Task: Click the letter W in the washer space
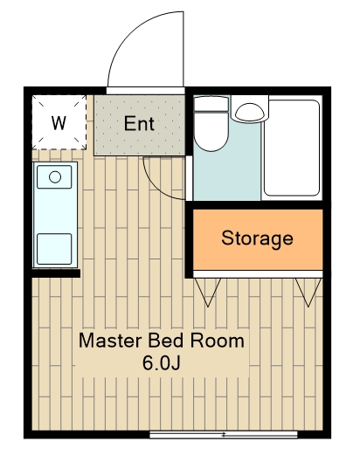coord(59,123)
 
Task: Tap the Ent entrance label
coord(139,123)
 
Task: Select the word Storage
coord(258,238)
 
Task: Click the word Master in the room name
coord(110,341)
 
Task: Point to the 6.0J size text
coord(162,363)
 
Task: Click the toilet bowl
coord(211,131)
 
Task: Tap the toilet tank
coord(211,103)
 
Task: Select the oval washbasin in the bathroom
coord(251,113)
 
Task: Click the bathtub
coord(292,148)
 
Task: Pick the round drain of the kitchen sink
coord(55,177)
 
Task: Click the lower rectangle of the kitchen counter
coord(54,249)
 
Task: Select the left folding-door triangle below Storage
coord(208,293)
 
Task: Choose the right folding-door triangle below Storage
coord(308,293)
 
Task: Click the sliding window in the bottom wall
coord(224,435)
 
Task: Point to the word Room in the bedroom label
coord(218,341)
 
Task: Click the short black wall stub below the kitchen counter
coord(56,273)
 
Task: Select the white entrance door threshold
coord(146,91)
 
